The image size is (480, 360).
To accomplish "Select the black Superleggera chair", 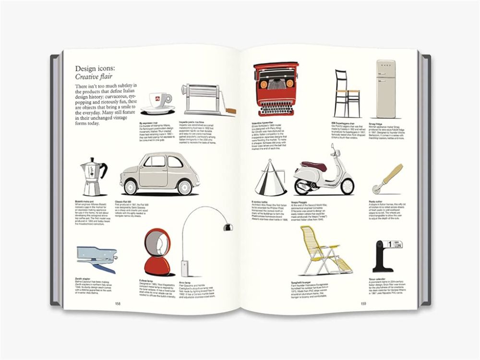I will coord(348,94).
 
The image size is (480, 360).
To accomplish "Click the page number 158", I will coord(118,303).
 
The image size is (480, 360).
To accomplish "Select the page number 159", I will coord(363,303).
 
